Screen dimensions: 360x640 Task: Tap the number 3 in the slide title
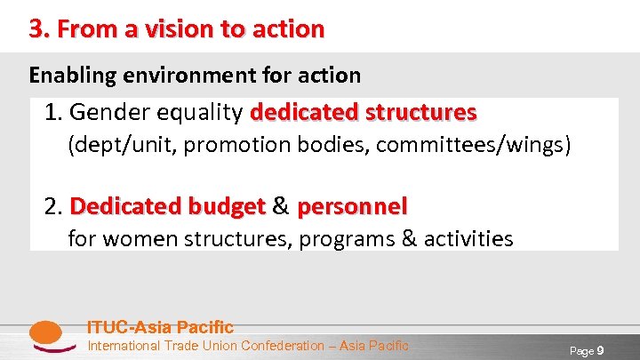[x=36, y=29]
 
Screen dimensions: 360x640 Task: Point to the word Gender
[x=104, y=113]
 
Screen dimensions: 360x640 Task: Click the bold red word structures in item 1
[x=418, y=113]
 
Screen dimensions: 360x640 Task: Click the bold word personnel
[x=352, y=206]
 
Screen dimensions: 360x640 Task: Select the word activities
[x=468, y=238]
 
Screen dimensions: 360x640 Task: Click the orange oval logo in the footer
[x=45, y=334]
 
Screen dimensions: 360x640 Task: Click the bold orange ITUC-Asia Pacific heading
[x=160, y=327]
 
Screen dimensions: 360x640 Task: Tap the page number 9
[x=600, y=350]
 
